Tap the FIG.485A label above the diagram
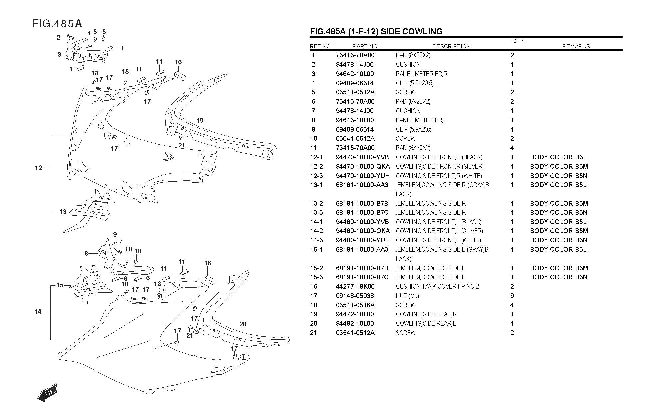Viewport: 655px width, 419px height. [57, 24]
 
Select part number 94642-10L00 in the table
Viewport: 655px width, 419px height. [355, 74]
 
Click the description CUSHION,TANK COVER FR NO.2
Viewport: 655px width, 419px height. [437, 286]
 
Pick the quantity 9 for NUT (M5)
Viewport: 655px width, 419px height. [512, 296]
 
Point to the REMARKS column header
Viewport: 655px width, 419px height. [576, 46]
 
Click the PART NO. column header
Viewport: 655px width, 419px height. [365, 46]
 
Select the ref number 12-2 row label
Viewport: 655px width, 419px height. [316, 166]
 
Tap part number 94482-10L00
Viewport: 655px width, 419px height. [355, 323]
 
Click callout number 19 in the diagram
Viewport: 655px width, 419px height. [200, 120]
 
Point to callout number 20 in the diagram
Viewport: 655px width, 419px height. [243, 324]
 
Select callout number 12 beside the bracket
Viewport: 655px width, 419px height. [39, 168]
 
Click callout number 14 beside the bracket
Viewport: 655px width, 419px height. [38, 312]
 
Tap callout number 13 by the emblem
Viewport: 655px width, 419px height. [63, 212]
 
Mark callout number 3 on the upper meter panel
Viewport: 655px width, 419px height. [59, 54]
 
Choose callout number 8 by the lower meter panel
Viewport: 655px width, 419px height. [86, 253]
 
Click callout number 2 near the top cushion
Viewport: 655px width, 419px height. [58, 37]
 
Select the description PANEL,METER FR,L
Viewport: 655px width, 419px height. [421, 120]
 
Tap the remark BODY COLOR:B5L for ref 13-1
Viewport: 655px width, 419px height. [558, 185]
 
